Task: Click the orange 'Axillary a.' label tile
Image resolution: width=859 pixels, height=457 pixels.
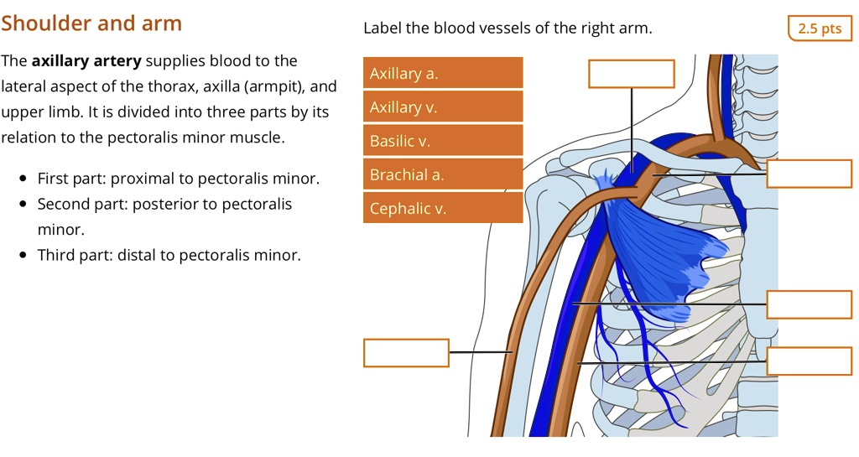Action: [x=442, y=73]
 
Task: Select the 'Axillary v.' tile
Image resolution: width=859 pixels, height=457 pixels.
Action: [x=442, y=106]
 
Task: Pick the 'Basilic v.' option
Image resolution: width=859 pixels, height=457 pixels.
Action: [x=442, y=141]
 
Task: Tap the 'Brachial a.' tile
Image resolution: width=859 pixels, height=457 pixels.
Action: [x=442, y=174]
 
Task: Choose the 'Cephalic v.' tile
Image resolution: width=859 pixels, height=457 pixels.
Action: [x=442, y=208]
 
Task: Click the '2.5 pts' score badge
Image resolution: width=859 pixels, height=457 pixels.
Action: [x=820, y=29]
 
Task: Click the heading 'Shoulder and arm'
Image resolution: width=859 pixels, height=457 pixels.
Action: [x=91, y=23]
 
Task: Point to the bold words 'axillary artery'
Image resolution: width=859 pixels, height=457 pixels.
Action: [x=86, y=61]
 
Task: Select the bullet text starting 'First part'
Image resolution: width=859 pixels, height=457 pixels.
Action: [x=178, y=179]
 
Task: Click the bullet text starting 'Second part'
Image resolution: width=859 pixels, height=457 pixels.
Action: [x=164, y=204]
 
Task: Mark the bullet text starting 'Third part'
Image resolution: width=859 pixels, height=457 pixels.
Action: [x=169, y=255]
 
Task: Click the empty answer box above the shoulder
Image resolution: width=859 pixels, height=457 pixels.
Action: [x=631, y=74]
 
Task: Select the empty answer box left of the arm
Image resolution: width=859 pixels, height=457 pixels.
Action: [x=406, y=352]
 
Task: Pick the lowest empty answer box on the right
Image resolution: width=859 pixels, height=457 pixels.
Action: [x=809, y=361]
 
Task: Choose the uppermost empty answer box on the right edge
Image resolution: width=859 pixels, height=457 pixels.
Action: [x=809, y=173]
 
